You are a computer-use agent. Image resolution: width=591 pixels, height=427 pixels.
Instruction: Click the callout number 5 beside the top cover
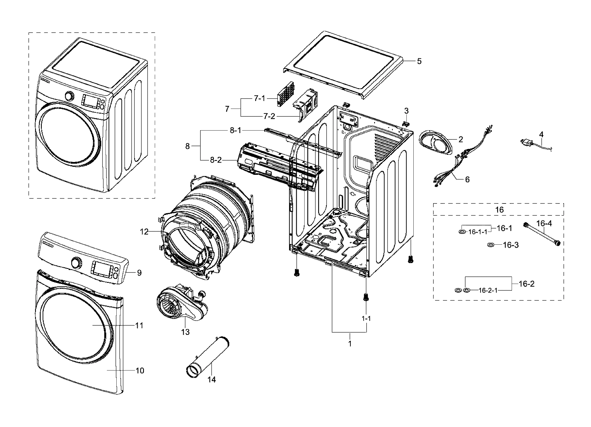tap(419, 61)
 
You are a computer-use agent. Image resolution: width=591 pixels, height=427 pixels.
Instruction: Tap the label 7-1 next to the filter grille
tap(259, 99)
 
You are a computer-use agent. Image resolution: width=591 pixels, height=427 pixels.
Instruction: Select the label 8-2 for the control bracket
tap(216, 160)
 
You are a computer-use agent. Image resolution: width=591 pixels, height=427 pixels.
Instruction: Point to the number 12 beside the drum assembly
tap(144, 231)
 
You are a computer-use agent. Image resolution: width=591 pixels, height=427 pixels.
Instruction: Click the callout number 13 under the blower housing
tap(185, 332)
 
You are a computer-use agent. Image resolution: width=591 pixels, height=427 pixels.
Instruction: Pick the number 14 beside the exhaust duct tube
tap(212, 379)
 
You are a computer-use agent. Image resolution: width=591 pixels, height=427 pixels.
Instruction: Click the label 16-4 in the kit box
tap(544, 223)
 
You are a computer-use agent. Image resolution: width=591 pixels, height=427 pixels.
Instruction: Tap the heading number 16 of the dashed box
tap(499, 210)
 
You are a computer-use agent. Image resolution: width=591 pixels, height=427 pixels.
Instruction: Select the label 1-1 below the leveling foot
tap(366, 318)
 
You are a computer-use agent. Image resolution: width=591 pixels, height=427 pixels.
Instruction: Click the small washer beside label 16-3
tap(491, 245)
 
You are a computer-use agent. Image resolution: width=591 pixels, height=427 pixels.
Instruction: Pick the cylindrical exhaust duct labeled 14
tap(207, 358)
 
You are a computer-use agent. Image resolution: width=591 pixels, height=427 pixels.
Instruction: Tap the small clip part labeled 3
tap(406, 123)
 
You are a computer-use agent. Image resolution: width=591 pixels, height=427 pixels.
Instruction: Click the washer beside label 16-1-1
tap(462, 232)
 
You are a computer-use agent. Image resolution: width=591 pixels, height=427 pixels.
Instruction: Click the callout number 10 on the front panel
tap(140, 370)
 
